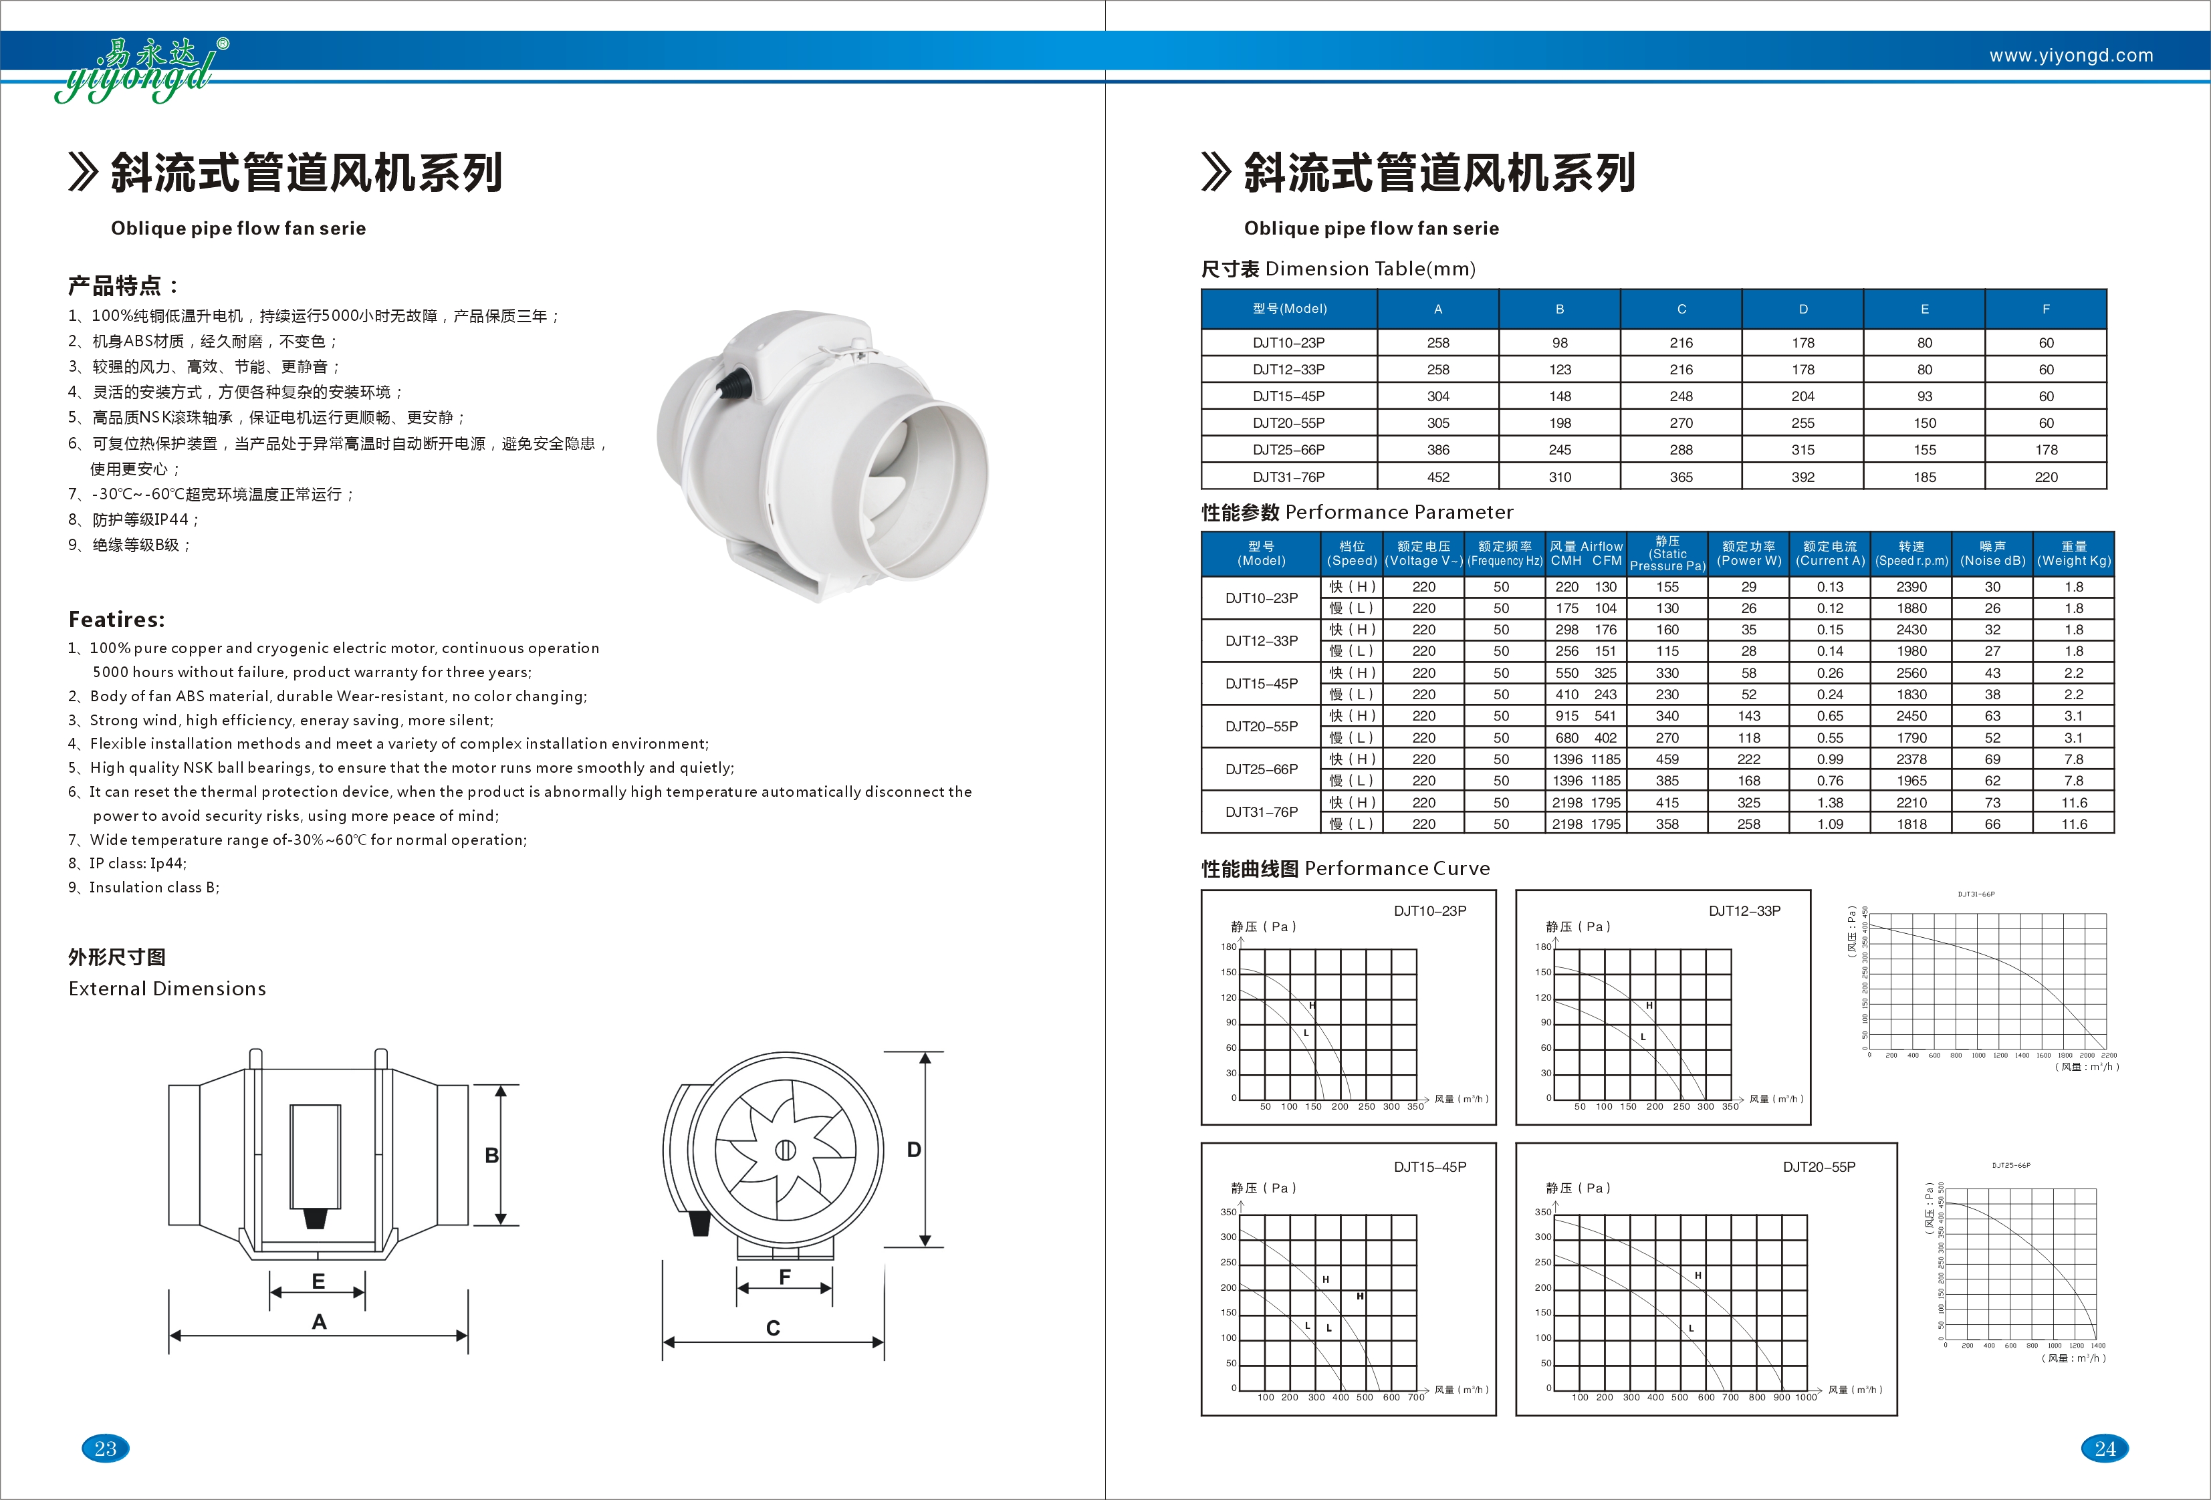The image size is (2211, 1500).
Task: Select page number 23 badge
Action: pos(105,1448)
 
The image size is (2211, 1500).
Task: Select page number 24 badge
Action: pos(2105,1448)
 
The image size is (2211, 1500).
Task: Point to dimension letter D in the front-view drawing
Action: pos(913,1149)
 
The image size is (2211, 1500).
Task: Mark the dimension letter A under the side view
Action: pos(319,1321)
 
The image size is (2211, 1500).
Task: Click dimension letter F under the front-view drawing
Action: pos(785,1277)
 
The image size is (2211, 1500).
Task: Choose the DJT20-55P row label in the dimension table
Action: pos(1288,422)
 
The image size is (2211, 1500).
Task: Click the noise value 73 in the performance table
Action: pos(1992,802)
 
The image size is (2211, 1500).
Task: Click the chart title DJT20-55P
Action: pos(1818,1166)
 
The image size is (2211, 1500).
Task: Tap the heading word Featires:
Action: pos(116,619)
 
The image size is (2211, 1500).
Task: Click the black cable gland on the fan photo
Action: pos(733,382)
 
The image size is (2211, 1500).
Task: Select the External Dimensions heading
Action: pos(166,988)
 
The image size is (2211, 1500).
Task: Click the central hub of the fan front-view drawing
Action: pos(785,1150)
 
